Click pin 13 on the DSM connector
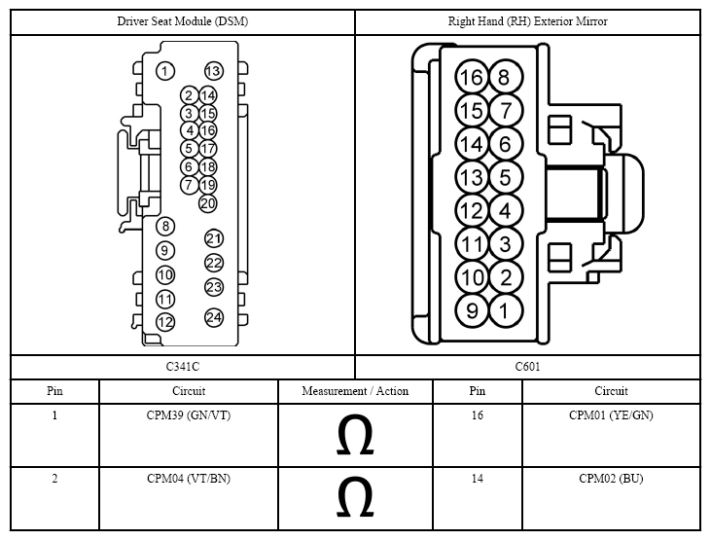214,71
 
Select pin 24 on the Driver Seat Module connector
214,317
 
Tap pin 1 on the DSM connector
165,71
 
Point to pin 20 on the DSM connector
208,203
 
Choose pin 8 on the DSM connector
165,226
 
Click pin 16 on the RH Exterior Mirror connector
472,77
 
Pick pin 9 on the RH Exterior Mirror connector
472,310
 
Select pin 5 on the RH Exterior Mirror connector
506,177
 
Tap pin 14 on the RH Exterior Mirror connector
472,144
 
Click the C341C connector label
183,367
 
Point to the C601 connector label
528,367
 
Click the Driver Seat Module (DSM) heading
183,21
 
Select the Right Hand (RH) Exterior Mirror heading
528,21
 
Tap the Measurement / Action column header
356,391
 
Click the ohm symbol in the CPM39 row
355,434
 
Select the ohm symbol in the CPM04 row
355,497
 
